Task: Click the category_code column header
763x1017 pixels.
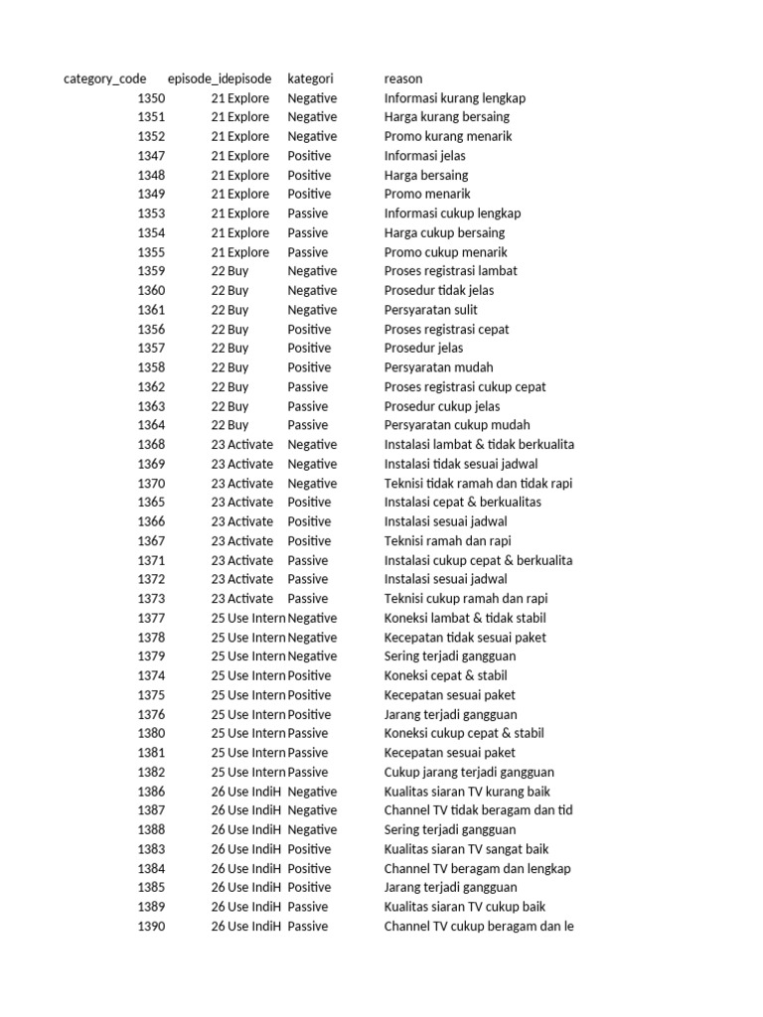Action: click(x=104, y=78)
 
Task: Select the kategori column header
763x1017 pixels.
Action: click(x=310, y=78)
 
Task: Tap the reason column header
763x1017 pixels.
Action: click(x=402, y=78)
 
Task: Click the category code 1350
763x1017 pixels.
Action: click(x=151, y=98)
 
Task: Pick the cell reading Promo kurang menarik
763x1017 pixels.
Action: click(x=448, y=136)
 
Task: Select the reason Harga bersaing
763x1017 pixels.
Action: click(x=426, y=175)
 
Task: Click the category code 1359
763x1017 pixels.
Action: click(x=151, y=271)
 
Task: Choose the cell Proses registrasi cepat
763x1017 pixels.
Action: click(x=447, y=329)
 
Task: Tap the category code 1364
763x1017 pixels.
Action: click(x=151, y=425)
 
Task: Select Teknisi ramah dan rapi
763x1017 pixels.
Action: click(x=447, y=541)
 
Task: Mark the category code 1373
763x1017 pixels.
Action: click(x=151, y=599)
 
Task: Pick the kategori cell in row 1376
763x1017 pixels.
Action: click(x=309, y=714)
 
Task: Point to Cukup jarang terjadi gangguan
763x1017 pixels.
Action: click(x=469, y=772)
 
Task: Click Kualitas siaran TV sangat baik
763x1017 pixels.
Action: click(x=466, y=849)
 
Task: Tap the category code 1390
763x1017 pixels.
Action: click(x=151, y=927)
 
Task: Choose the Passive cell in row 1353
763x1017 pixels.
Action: click(x=307, y=214)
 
